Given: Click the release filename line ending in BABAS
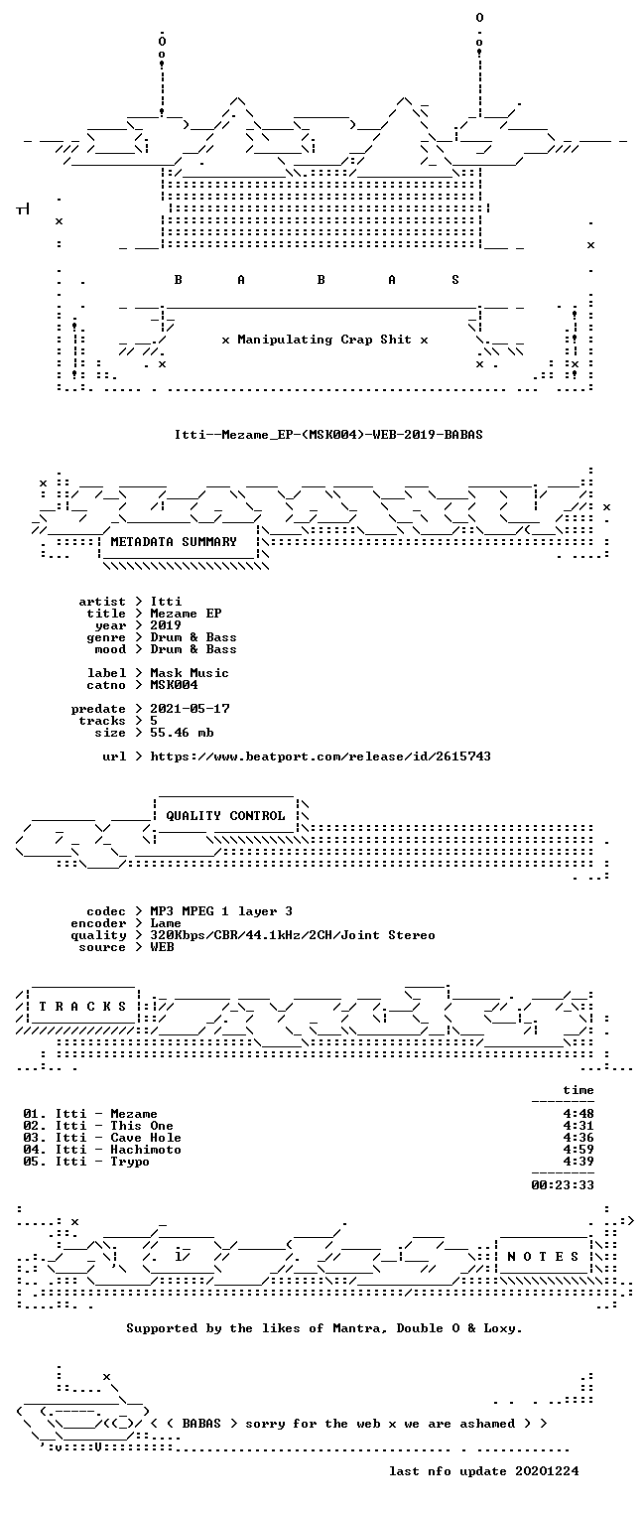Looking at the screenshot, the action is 328,435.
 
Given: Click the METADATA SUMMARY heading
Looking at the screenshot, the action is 174,542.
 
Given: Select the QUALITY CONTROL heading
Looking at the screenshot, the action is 225,816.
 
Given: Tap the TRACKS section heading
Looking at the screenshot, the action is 82,1007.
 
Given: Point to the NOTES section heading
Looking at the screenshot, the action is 543,1256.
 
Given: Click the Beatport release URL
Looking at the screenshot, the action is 321,756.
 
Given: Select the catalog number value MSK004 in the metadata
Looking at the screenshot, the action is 174,685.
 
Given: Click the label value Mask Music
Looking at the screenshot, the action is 190,673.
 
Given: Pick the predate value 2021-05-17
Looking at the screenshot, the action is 190,709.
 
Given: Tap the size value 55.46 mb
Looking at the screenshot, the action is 182,733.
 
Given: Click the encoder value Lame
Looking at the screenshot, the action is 166,923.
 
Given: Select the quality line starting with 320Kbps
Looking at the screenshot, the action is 293,935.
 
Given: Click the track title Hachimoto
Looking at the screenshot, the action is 146,1150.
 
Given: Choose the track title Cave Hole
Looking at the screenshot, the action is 146,1138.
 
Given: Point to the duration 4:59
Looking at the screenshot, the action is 579,1150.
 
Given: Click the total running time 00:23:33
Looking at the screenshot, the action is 563,1184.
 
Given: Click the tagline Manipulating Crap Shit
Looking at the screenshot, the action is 324,340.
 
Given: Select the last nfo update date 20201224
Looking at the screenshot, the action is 547,1471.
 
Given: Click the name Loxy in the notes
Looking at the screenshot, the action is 502,1328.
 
